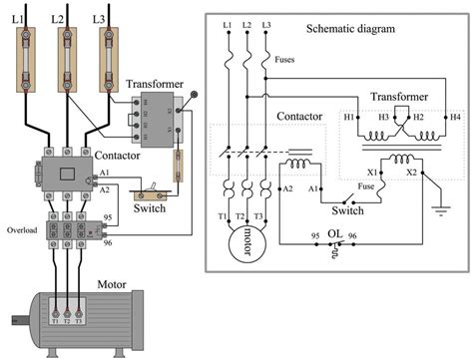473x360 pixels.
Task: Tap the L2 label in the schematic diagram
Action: point(246,23)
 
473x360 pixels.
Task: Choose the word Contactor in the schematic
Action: point(298,116)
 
